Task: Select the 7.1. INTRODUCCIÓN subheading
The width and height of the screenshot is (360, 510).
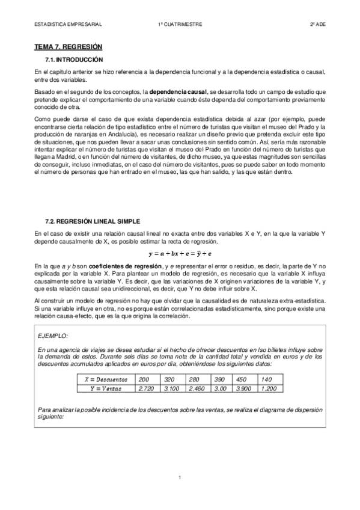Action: (75, 60)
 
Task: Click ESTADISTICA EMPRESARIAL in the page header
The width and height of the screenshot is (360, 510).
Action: (67, 24)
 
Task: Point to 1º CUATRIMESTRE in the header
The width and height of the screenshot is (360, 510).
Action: (179, 24)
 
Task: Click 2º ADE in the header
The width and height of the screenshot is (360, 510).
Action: (317, 24)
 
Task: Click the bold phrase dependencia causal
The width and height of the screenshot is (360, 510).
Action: (178, 91)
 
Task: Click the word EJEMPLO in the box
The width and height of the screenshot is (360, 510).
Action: (53, 336)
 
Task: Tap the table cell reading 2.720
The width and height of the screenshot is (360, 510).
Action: (147, 389)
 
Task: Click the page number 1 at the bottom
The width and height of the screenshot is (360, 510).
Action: (180, 494)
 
